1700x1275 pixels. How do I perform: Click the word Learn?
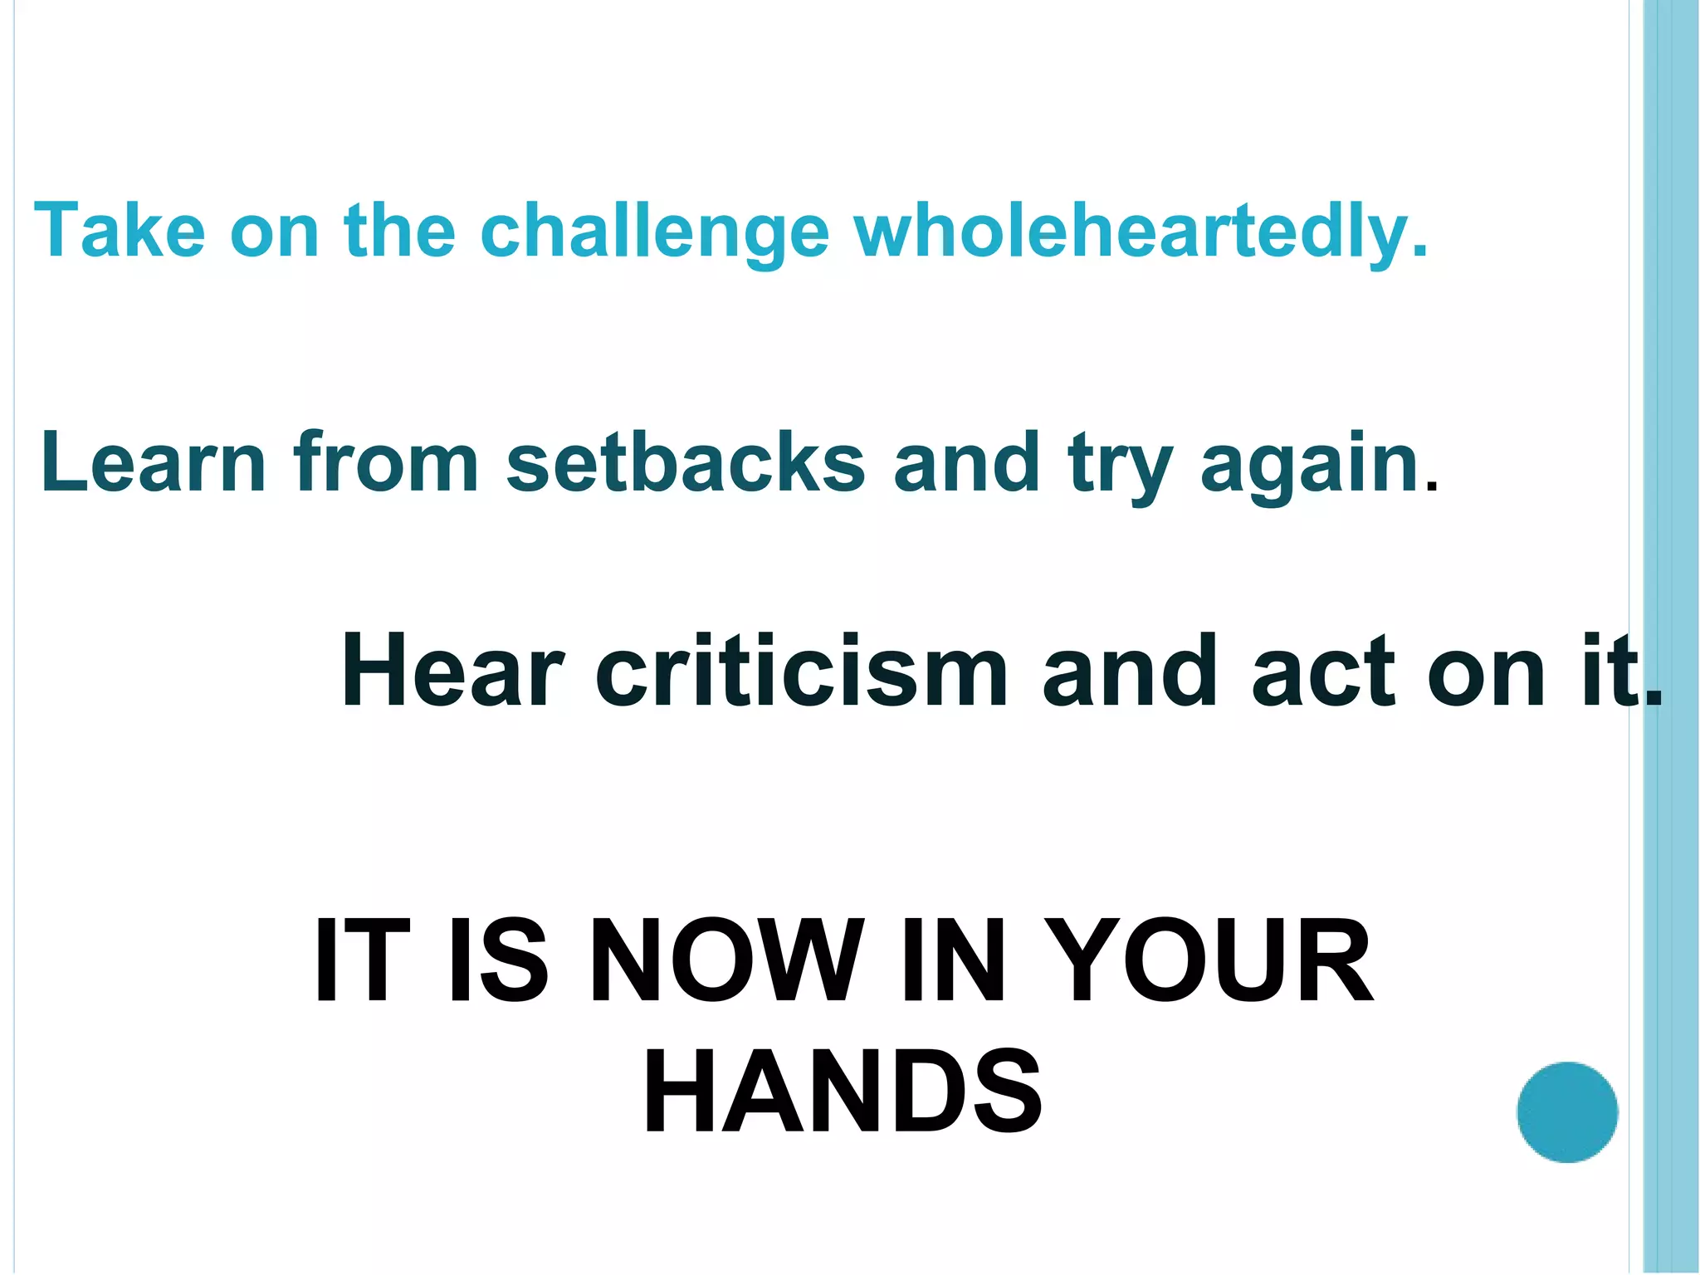click(153, 462)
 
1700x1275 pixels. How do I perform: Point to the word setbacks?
click(686, 462)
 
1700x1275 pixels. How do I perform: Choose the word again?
click(1309, 467)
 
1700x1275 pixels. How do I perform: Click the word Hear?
click(452, 671)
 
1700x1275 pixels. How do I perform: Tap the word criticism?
click(802, 671)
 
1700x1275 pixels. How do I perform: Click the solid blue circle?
click(1567, 1112)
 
